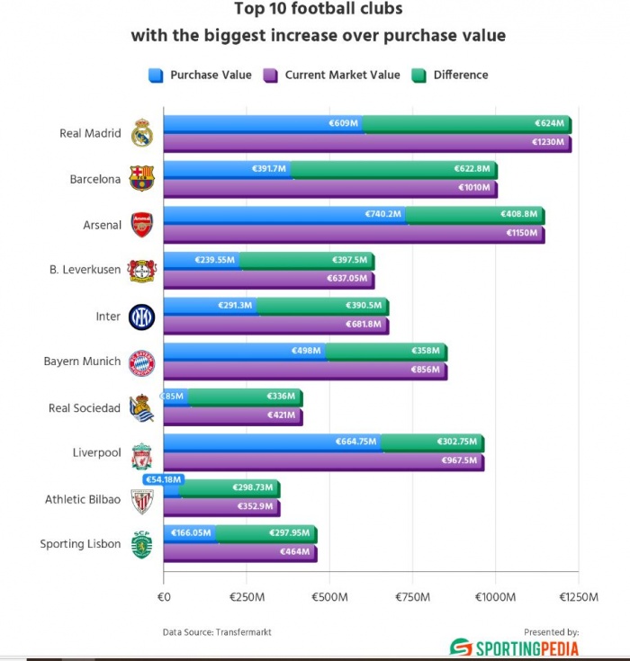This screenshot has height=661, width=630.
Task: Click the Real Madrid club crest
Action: pos(143,133)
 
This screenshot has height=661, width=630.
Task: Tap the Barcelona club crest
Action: pos(142,178)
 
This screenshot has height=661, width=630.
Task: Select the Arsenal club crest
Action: pos(142,224)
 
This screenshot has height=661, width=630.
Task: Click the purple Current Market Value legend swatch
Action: pos(270,75)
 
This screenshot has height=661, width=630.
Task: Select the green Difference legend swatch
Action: pos(418,75)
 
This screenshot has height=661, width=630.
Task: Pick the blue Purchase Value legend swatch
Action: pos(155,75)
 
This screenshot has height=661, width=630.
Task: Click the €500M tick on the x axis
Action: pos(328,596)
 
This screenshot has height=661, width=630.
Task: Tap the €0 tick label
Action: pos(164,596)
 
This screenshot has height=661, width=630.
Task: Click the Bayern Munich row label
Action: pos(82,362)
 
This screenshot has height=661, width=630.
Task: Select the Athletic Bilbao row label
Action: pos(83,499)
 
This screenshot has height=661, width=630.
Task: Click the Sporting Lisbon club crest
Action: pos(142,545)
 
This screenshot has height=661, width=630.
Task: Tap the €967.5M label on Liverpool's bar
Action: pos(460,461)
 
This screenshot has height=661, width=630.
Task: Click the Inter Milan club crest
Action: pos(142,317)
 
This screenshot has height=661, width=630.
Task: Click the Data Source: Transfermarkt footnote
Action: pos(217,632)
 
